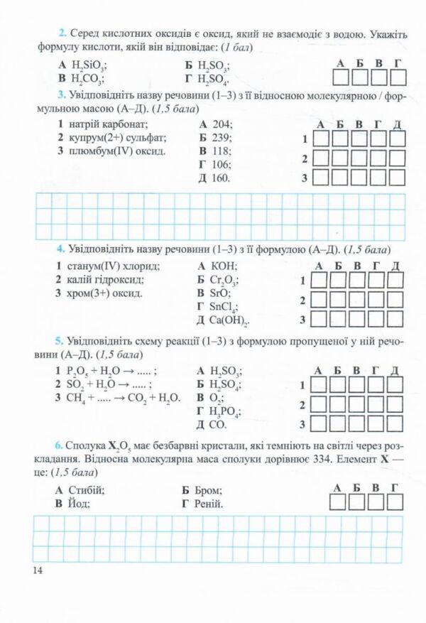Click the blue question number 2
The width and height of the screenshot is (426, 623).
pyautogui.click(x=62, y=33)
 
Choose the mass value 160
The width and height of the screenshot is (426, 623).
pyautogui.click(x=221, y=178)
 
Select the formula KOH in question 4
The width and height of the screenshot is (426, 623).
pyautogui.click(x=224, y=266)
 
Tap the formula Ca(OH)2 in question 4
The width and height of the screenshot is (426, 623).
pyautogui.click(x=229, y=320)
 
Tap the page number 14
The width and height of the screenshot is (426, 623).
pyautogui.click(x=38, y=570)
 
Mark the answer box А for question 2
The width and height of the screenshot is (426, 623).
pyautogui.click(x=340, y=77)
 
